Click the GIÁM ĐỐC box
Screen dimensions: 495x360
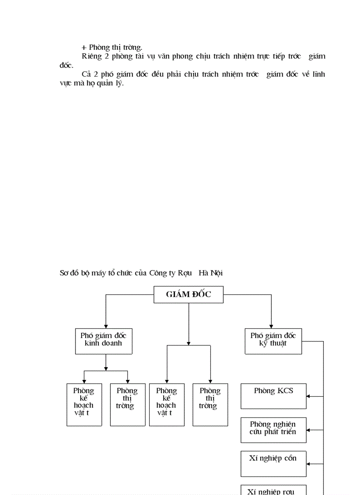(188, 294)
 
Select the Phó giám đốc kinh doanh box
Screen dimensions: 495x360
(104, 341)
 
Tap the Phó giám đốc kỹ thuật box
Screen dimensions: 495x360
(273, 341)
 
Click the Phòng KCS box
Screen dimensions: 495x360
(273, 396)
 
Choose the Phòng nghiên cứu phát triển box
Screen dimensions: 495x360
(273, 430)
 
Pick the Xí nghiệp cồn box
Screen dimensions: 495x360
(273, 463)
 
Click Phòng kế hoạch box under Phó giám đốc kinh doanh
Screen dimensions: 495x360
(84, 404)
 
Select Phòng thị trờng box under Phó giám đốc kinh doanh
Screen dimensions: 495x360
(127, 404)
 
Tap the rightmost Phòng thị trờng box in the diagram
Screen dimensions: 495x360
(210, 404)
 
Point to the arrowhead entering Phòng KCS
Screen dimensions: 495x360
(308, 396)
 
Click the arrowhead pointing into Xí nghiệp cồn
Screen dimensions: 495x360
(308, 464)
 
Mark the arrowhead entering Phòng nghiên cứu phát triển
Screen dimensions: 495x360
(308, 430)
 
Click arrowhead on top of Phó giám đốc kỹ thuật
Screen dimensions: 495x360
(271, 326)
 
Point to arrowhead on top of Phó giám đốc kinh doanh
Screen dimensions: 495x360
(105, 326)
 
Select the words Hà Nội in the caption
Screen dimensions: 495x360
(210, 273)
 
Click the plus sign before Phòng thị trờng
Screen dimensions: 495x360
(84, 48)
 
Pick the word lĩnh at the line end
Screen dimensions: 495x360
(318, 74)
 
